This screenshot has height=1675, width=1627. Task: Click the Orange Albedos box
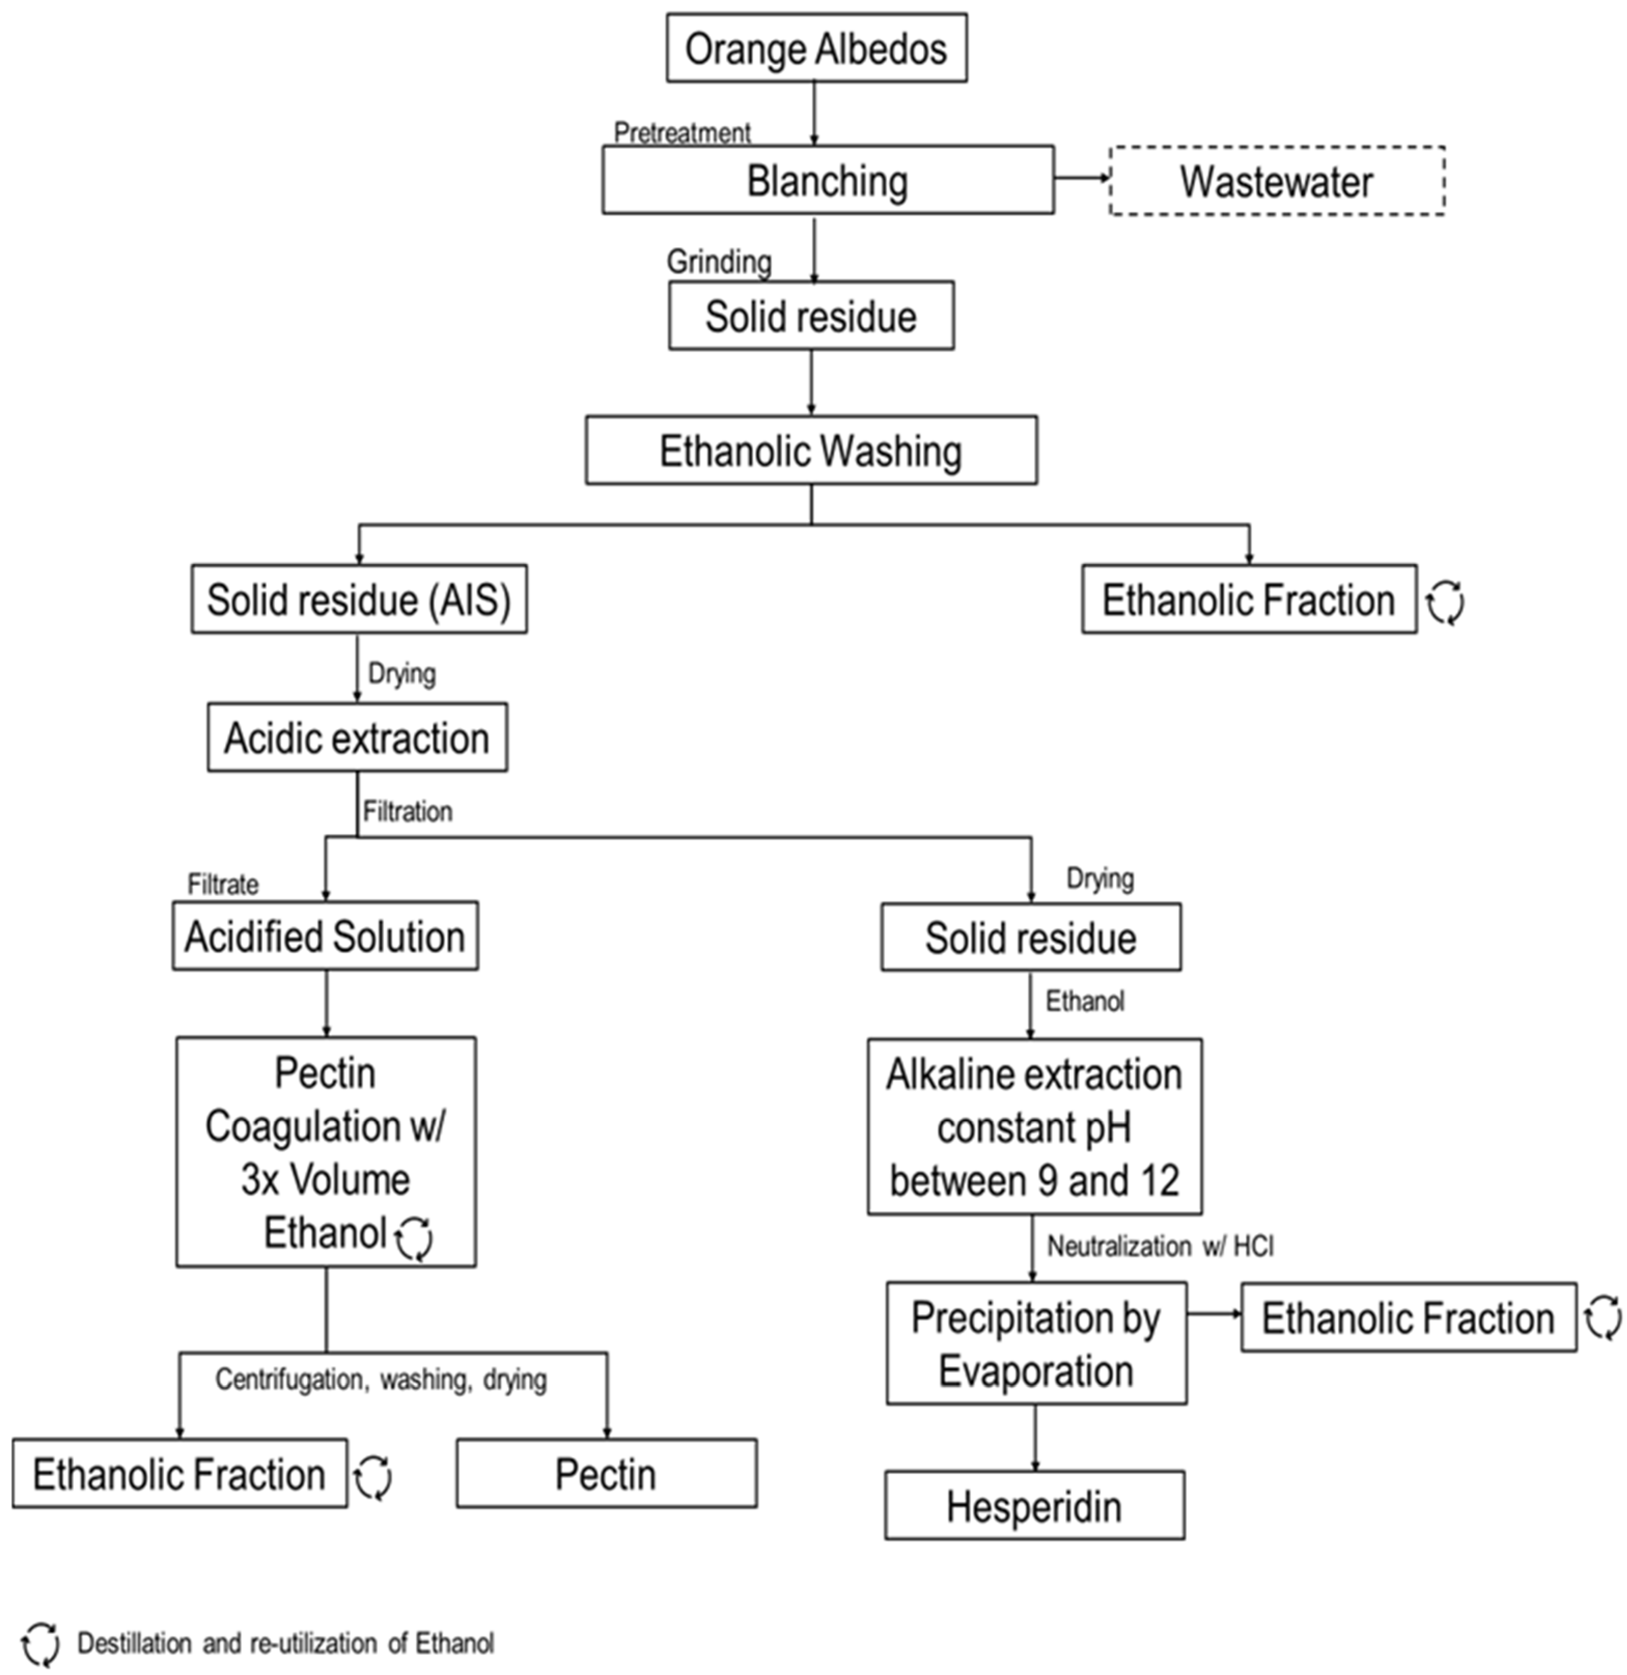(816, 48)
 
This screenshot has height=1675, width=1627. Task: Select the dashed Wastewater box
(1277, 181)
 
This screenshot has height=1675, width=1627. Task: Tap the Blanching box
(827, 180)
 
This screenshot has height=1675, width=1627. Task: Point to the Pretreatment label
(682, 132)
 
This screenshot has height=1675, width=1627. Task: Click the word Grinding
(719, 261)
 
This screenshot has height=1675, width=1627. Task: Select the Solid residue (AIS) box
(359, 599)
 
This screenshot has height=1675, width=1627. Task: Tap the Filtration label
(408, 811)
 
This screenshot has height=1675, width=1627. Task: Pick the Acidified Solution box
(325, 936)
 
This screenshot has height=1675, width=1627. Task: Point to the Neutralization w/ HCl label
(1159, 1247)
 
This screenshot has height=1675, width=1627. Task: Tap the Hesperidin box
(1034, 1506)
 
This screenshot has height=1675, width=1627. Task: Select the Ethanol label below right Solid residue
(1084, 1001)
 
